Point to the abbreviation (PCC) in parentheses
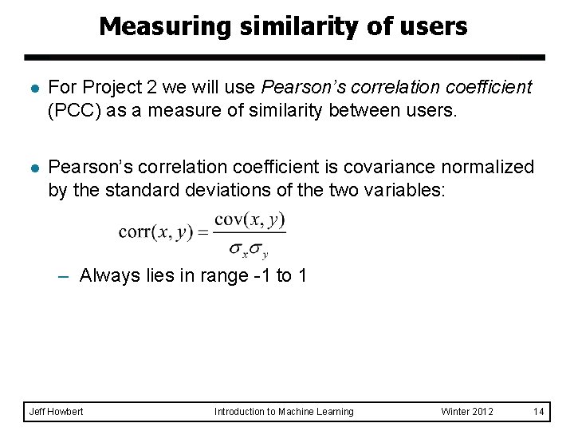(x=73, y=109)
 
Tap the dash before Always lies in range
(x=65, y=276)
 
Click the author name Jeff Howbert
(x=56, y=412)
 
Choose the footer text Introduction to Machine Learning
(x=283, y=412)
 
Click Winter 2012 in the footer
(x=467, y=412)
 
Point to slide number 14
(x=538, y=412)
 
